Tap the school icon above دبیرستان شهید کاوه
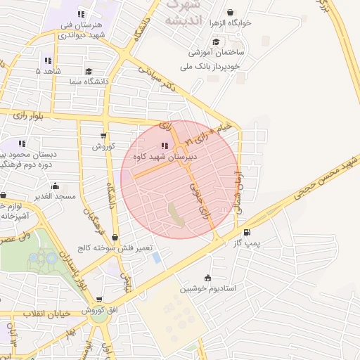tap(164, 146)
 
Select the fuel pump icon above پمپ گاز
tap(246, 233)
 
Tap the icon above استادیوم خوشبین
tap(206, 277)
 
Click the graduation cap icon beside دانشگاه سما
tap(89, 71)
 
